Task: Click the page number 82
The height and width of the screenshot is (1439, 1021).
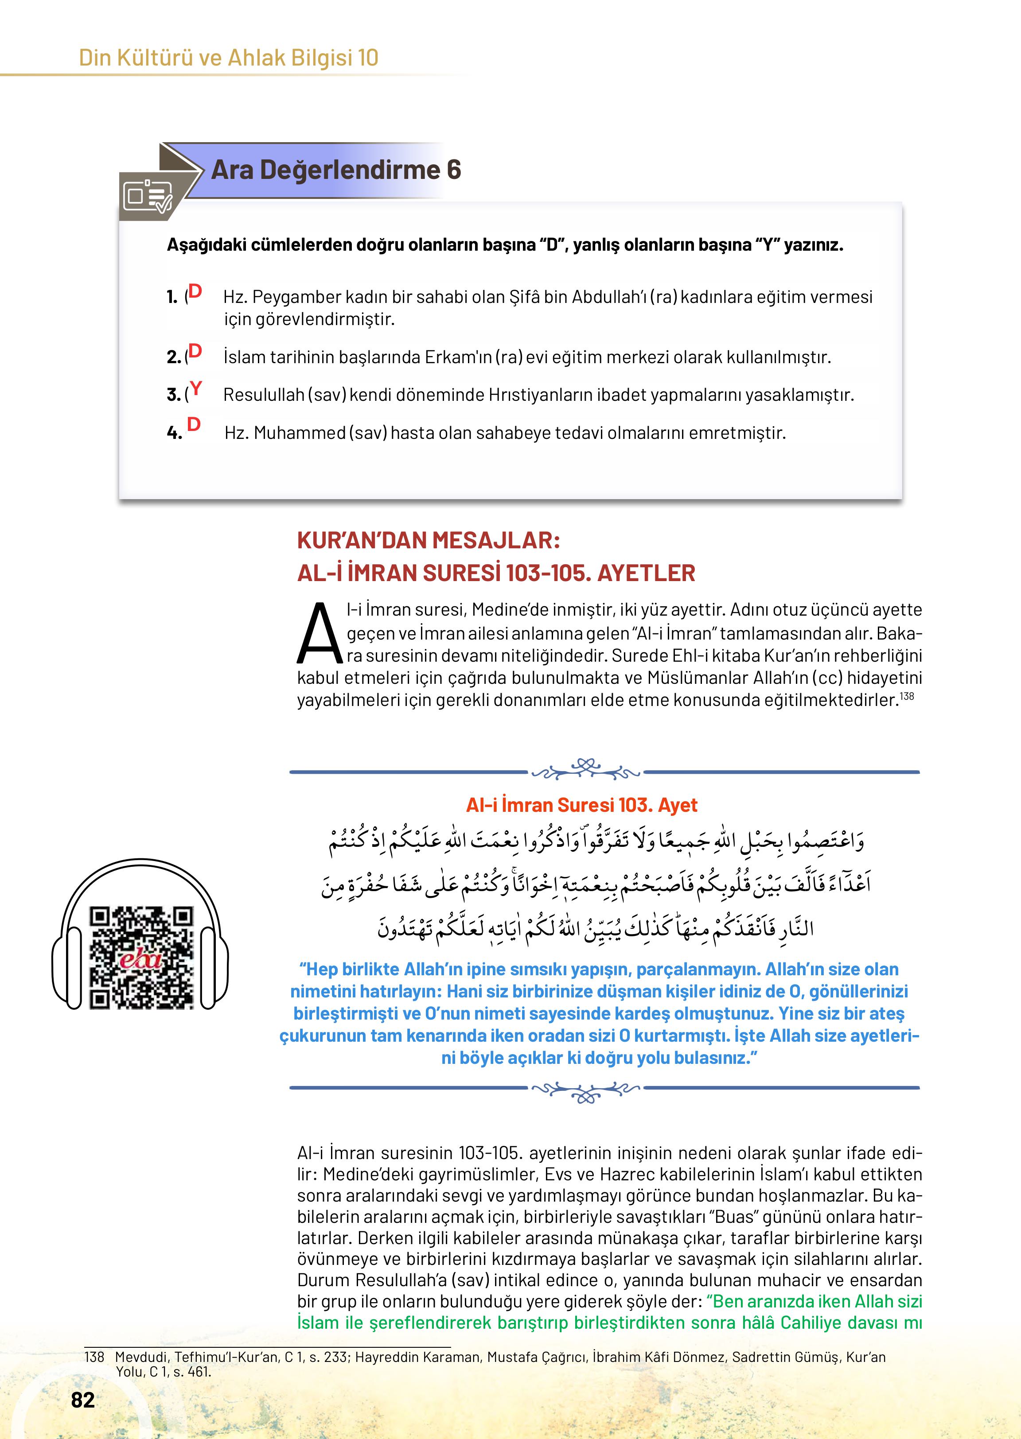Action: click(83, 1400)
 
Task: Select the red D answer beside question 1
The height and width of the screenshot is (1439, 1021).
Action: click(195, 291)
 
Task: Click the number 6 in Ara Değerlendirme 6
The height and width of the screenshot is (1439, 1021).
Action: click(453, 170)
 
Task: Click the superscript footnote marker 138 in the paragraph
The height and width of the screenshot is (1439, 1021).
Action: click(907, 696)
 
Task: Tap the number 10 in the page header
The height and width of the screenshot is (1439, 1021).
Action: click(368, 58)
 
